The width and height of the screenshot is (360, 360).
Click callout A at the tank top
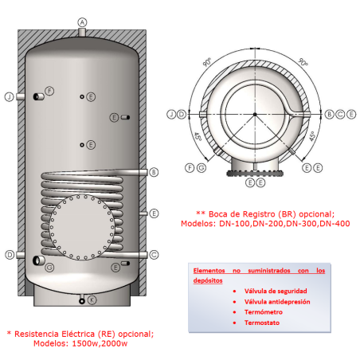click(x=82, y=22)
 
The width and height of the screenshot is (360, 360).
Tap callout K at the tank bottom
click(x=91, y=300)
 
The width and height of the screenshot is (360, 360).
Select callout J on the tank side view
click(x=10, y=96)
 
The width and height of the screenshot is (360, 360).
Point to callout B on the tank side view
click(x=154, y=171)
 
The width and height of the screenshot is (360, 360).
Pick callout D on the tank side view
click(x=10, y=255)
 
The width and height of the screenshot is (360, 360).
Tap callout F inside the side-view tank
click(x=49, y=92)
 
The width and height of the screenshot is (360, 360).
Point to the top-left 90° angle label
click(x=208, y=61)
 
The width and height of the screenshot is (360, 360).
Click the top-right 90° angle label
click(x=303, y=61)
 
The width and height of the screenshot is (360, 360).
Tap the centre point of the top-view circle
click(x=256, y=115)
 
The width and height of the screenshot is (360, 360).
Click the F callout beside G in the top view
click(x=190, y=168)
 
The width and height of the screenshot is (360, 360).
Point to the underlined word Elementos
click(x=208, y=271)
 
